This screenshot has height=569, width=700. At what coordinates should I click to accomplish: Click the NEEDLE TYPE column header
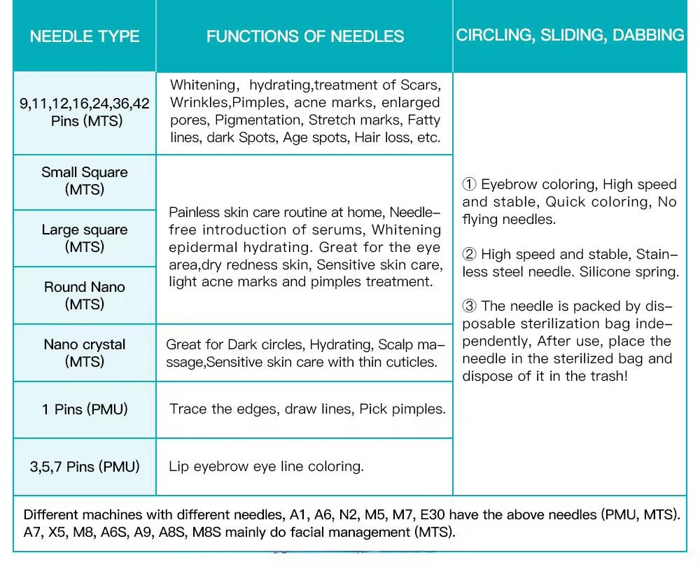click(x=85, y=36)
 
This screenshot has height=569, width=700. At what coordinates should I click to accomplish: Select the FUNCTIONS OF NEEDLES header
click(x=304, y=36)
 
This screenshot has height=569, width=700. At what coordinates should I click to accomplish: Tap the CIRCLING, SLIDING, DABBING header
click(x=570, y=35)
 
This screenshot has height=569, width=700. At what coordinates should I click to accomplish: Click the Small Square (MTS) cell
click(x=85, y=181)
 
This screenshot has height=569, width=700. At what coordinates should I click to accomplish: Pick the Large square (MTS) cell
click(x=85, y=238)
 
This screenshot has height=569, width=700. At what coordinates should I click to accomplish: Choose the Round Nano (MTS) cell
click(x=85, y=295)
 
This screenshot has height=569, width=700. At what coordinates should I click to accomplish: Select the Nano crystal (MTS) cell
click(x=85, y=353)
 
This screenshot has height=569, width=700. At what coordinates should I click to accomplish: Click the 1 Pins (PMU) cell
click(x=85, y=409)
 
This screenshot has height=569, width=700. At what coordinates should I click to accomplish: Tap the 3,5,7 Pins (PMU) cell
click(x=85, y=466)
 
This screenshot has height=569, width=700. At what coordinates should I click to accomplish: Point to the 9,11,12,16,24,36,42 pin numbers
click(x=85, y=104)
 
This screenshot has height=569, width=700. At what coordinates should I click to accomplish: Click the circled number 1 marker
click(x=469, y=185)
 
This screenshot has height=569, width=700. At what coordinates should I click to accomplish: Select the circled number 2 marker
click(x=469, y=255)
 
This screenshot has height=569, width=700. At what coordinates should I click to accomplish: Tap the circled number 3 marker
click(x=469, y=307)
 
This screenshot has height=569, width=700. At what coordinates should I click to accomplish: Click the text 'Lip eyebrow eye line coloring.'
click(x=266, y=466)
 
